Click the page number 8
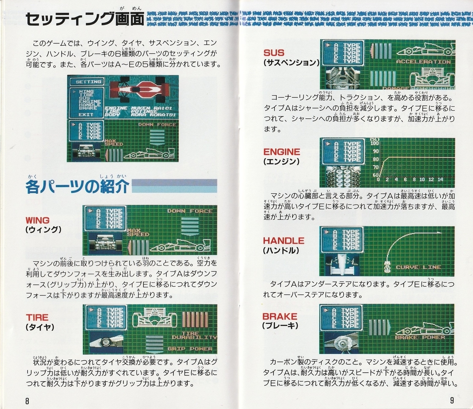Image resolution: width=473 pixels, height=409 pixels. (x=27, y=401)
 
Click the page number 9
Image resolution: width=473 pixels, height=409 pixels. (x=452, y=400)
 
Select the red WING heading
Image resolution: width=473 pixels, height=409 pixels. (x=37, y=220)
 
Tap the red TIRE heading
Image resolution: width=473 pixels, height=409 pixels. (x=37, y=317)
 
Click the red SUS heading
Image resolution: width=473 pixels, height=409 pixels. (x=274, y=52)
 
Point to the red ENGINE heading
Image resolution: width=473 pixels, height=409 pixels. (x=281, y=152)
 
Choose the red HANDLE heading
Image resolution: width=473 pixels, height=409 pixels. (x=284, y=241)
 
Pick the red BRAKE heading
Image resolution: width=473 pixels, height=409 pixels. (x=280, y=316)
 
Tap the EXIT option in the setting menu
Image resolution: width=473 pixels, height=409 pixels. (x=86, y=114)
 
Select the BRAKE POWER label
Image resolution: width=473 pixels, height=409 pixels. (x=420, y=338)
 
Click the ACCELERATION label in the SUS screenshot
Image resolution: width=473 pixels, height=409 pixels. (x=423, y=62)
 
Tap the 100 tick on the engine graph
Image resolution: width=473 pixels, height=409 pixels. (x=374, y=144)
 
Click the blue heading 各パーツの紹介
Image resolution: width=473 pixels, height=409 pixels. (x=77, y=187)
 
